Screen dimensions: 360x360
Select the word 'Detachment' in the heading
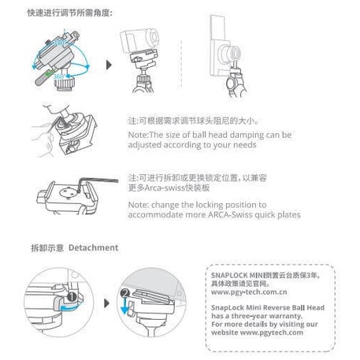pyautogui.click(x=94, y=247)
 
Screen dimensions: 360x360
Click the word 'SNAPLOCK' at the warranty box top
pyautogui.click(x=230, y=272)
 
